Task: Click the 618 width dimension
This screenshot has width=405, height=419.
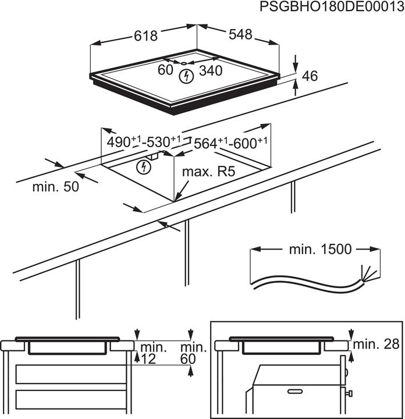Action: [146, 36]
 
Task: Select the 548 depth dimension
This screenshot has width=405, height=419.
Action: [240, 35]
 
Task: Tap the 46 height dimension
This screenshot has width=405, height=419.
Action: [310, 76]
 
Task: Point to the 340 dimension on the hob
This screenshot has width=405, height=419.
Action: [211, 71]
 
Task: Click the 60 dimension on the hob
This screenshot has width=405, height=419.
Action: [166, 70]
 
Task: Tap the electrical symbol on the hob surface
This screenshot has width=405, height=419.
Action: [186, 76]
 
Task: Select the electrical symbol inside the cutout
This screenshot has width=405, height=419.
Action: [142, 168]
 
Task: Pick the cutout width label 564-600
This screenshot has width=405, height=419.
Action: [230, 143]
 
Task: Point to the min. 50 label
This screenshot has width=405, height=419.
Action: [55, 187]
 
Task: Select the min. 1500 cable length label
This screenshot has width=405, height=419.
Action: [321, 250]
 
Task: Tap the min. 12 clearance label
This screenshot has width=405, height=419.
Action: [153, 354]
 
